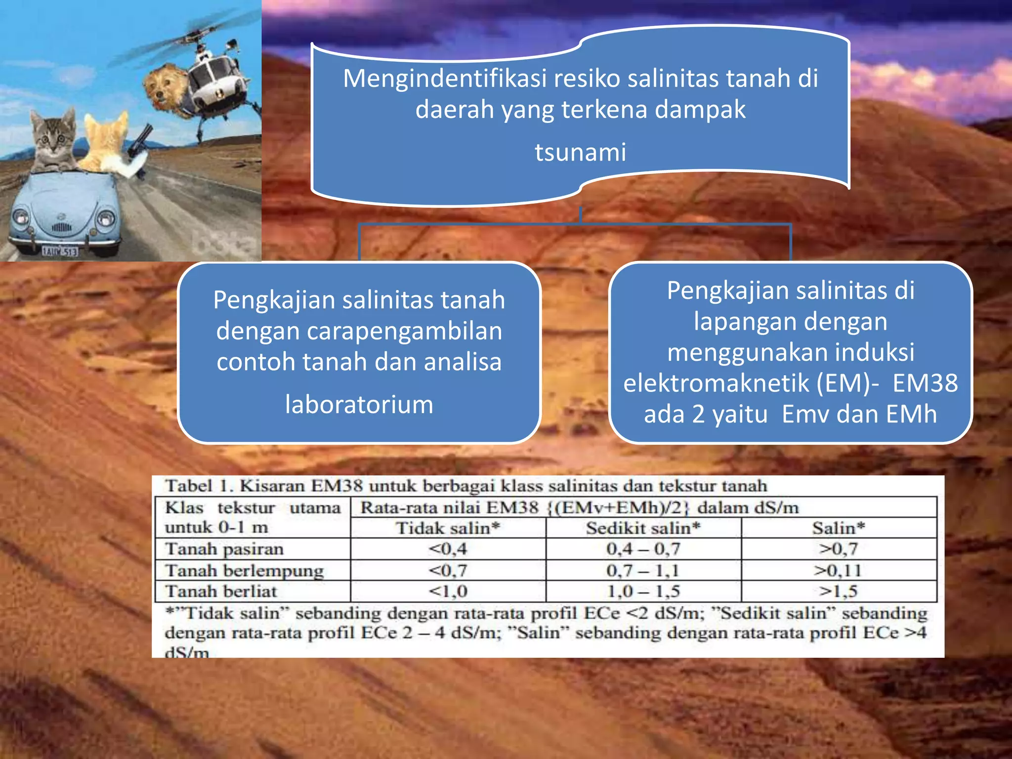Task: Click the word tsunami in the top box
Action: (580, 152)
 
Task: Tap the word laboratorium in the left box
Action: (359, 405)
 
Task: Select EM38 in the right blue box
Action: (925, 383)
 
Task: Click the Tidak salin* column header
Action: (448, 528)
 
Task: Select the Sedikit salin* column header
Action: (643, 528)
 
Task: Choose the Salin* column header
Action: (838, 528)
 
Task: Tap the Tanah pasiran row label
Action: (224, 549)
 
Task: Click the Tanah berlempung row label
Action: (245, 571)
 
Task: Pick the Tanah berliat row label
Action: (221, 591)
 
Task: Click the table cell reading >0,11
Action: (838, 571)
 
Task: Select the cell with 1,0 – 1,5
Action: (643, 591)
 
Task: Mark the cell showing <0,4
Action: (448, 549)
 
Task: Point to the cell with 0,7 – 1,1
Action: (643, 571)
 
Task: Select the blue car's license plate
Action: (60, 252)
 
